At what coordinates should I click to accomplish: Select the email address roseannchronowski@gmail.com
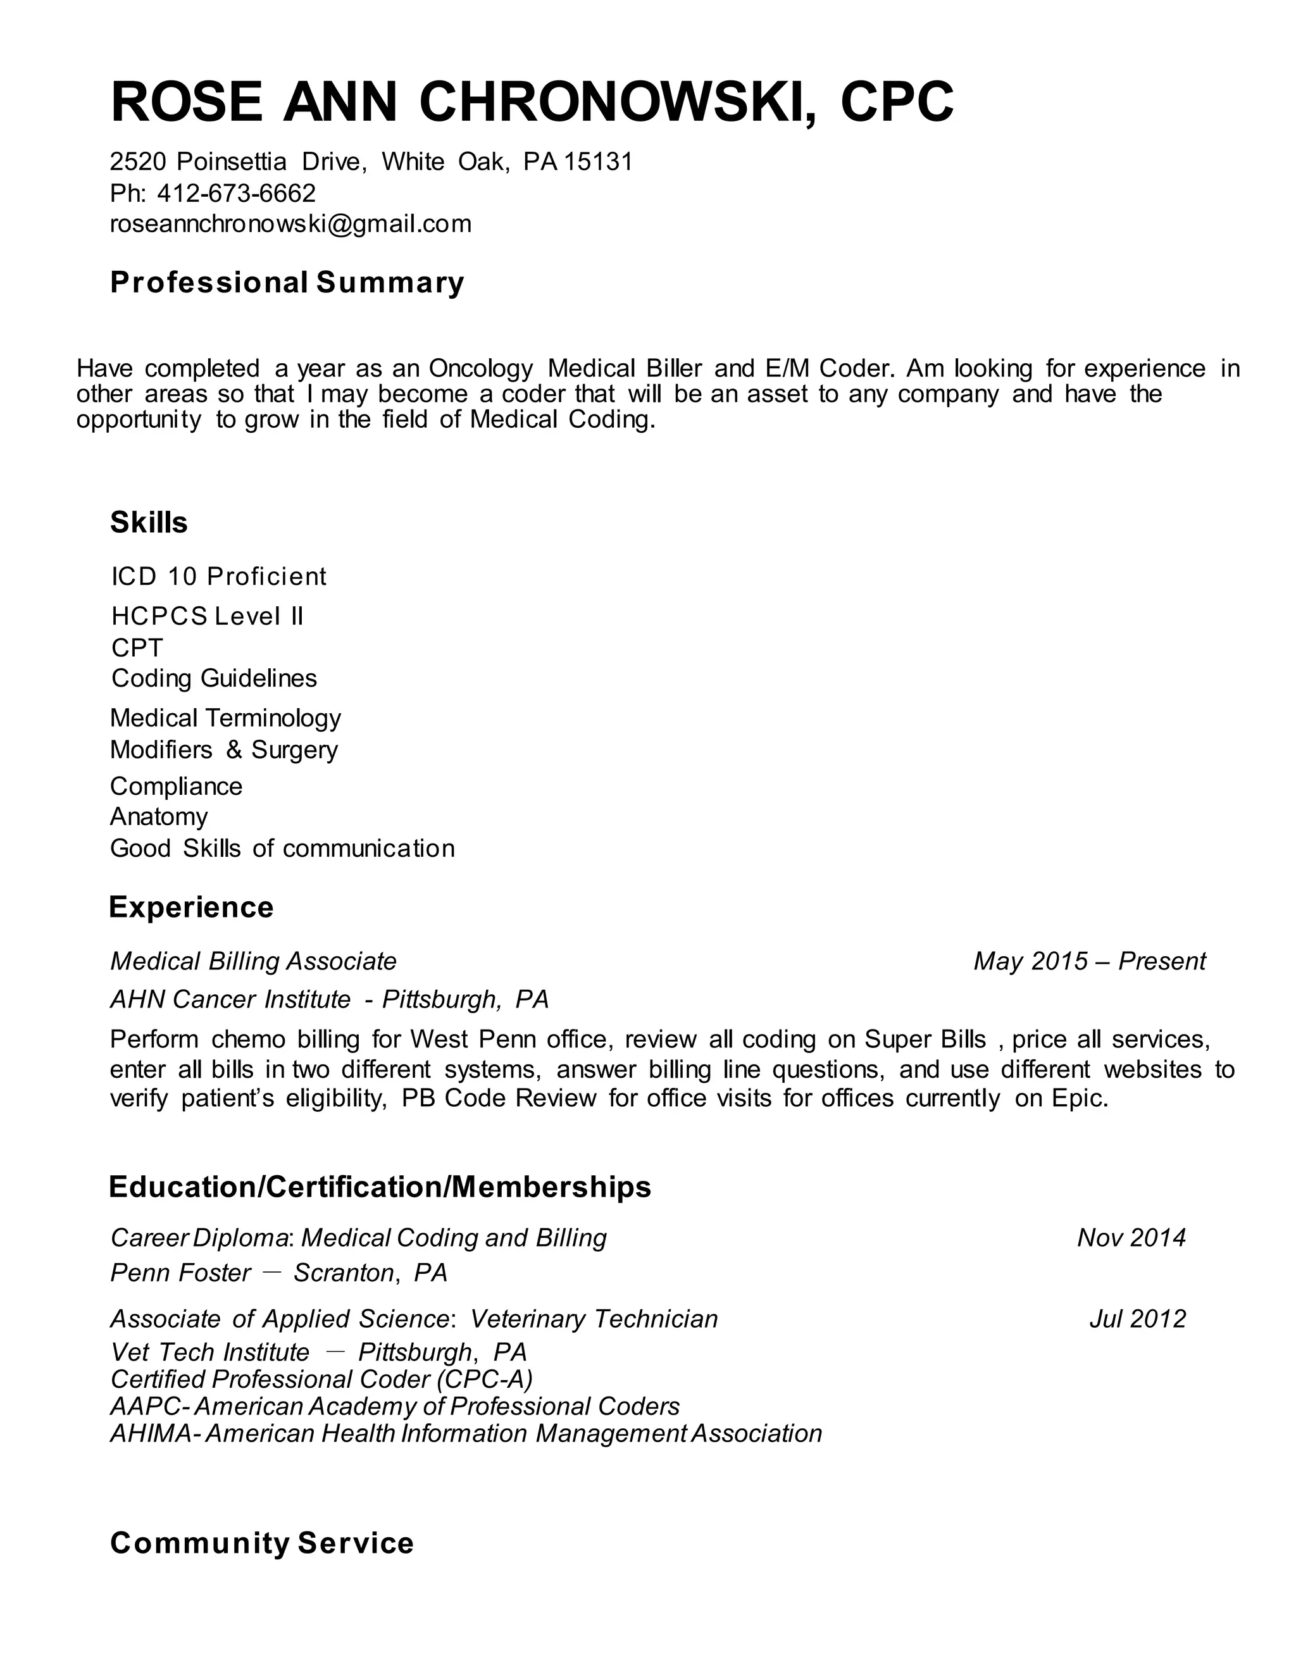tap(291, 223)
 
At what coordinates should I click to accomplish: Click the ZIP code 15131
tap(598, 161)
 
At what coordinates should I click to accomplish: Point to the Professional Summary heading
tap(287, 283)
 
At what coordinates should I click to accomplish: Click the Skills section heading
tap(149, 523)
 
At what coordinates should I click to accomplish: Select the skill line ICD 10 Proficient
tap(219, 576)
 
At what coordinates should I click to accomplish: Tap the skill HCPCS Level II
tap(208, 616)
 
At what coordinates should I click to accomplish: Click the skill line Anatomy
tap(159, 816)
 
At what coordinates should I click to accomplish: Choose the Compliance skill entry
tap(177, 786)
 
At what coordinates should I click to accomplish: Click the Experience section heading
tap(191, 907)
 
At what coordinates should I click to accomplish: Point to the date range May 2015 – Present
tap(1090, 961)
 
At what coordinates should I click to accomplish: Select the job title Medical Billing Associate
tap(253, 961)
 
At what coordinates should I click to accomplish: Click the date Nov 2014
tap(1131, 1238)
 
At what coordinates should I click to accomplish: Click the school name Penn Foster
tap(180, 1273)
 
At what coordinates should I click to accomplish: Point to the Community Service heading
tap(262, 1543)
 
